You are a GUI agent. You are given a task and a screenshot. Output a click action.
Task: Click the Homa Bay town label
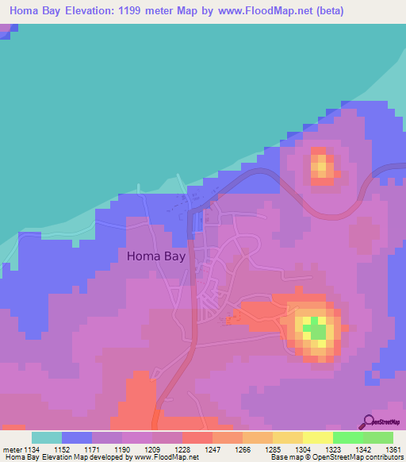coord(155,256)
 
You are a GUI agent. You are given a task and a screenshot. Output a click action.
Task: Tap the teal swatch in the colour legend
coord(47,437)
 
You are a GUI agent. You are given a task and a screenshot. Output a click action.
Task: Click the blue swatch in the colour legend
coord(77,437)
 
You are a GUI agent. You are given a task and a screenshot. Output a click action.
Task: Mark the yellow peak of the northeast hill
coord(321,166)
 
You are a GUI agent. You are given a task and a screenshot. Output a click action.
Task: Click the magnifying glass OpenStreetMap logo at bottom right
coord(369,422)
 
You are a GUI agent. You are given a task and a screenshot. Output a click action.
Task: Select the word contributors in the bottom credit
coord(381,457)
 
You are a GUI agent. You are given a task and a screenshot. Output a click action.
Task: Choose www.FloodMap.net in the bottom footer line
coord(167,457)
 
